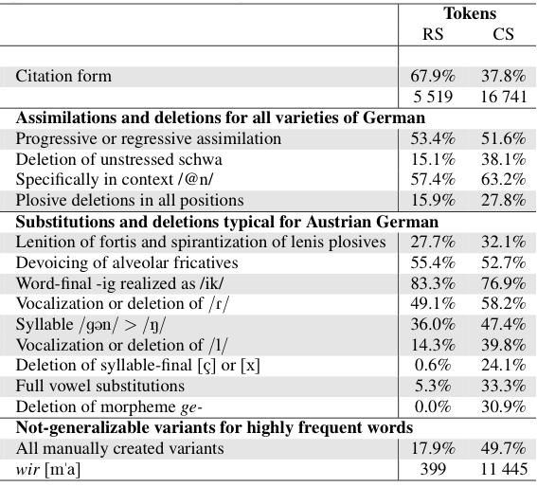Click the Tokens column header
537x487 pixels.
(x=470, y=13)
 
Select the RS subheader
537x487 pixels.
(x=433, y=34)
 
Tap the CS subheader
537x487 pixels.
(x=503, y=34)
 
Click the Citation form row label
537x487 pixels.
(x=63, y=76)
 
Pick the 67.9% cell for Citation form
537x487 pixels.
(x=433, y=76)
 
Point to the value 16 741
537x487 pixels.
(x=504, y=97)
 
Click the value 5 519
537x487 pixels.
(x=433, y=97)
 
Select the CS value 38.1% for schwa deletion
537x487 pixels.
(x=504, y=159)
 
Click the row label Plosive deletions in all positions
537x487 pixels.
(x=130, y=201)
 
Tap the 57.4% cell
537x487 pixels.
(x=433, y=180)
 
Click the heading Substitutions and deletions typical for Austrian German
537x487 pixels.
(x=227, y=222)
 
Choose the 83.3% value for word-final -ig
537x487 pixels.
(x=433, y=283)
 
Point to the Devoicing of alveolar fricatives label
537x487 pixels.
(x=127, y=262)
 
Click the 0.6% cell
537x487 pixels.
(x=433, y=366)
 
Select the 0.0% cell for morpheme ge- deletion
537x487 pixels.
(x=433, y=406)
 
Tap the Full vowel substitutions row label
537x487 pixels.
(x=100, y=386)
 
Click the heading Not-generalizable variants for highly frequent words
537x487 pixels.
(x=214, y=427)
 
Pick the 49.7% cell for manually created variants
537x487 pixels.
(x=504, y=448)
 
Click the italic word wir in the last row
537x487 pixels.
(x=27, y=470)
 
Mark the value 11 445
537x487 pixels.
(x=504, y=469)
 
